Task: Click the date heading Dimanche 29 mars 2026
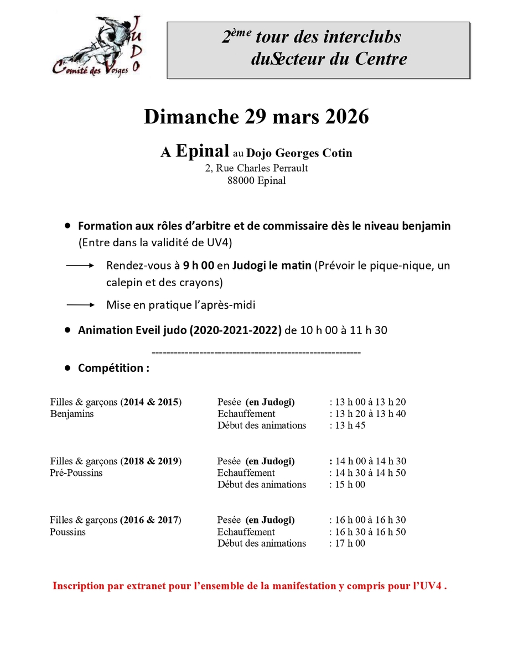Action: point(256,117)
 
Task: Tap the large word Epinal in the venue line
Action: point(202,151)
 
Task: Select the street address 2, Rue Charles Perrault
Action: point(256,168)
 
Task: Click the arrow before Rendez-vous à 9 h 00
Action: point(80,266)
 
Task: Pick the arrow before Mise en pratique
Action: point(80,305)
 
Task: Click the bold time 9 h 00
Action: point(199,266)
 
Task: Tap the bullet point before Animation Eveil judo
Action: point(68,330)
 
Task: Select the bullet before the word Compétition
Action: point(68,367)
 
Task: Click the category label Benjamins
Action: point(72,414)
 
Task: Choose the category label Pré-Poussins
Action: point(76,473)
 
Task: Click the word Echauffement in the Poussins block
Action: point(246,532)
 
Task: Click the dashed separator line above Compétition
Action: point(256,352)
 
